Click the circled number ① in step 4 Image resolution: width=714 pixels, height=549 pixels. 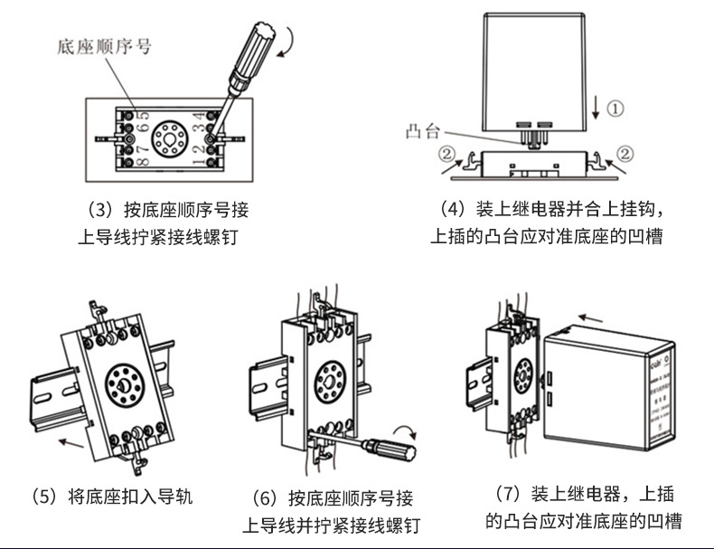point(615,109)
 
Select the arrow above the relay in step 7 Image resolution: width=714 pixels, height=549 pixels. point(592,318)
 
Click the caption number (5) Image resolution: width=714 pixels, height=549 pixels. point(43,497)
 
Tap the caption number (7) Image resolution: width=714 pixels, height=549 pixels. point(509,494)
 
